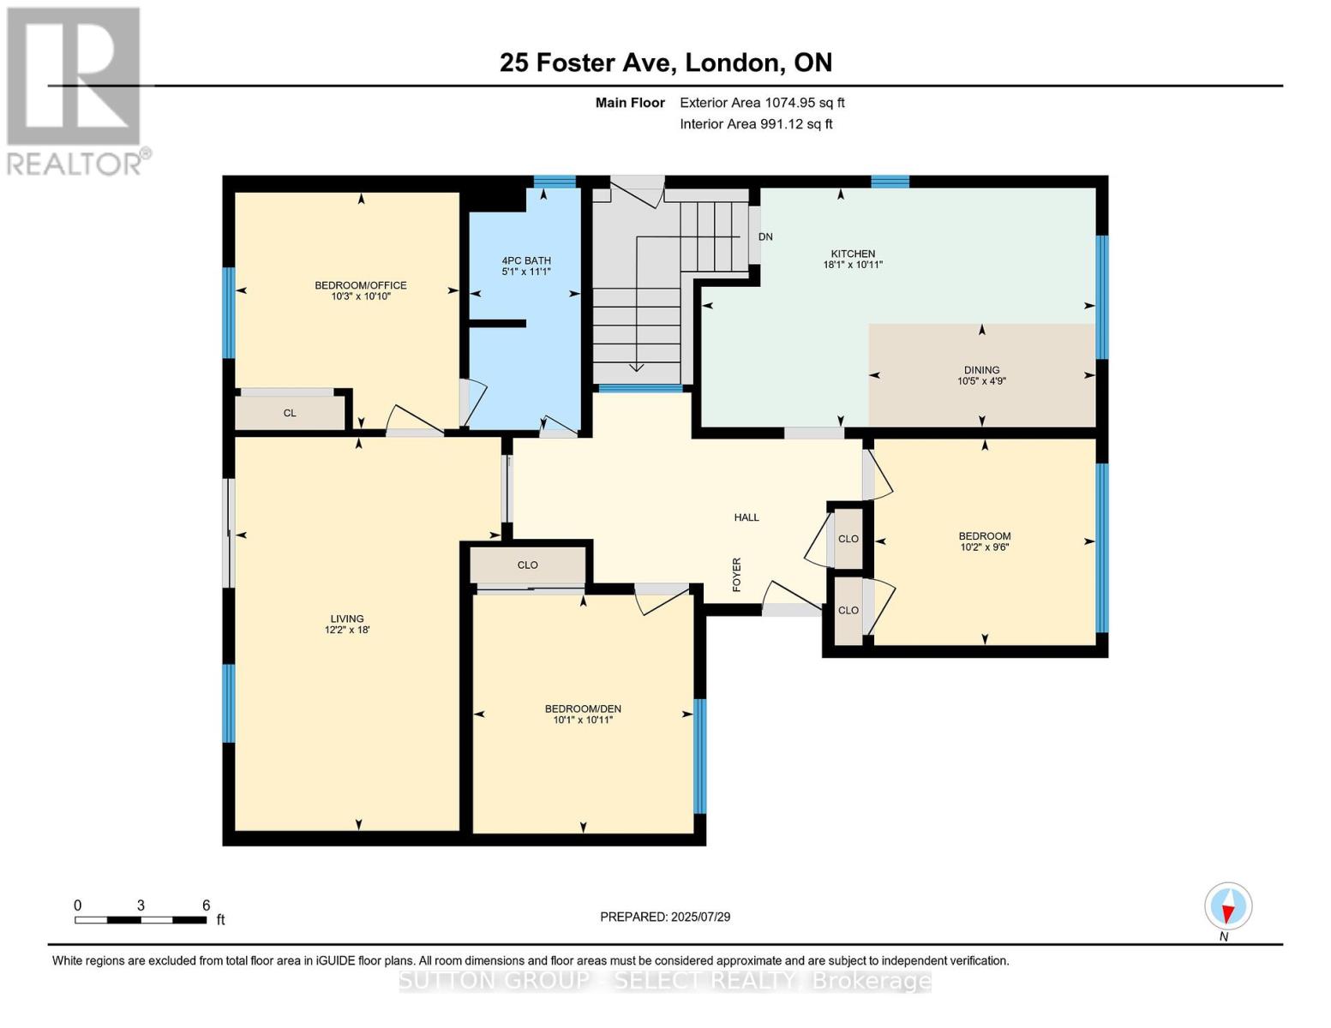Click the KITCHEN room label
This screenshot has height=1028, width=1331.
[x=853, y=254]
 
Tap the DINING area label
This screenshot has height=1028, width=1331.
[x=982, y=370]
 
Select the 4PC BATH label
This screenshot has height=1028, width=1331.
[x=526, y=260]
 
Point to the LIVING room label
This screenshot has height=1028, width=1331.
[x=347, y=619]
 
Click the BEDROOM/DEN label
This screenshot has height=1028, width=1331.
[x=583, y=708]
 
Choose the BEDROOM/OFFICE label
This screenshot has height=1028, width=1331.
[x=361, y=285]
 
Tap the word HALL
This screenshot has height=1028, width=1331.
[x=746, y=517]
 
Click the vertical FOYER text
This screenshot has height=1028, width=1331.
[x=737, y=574]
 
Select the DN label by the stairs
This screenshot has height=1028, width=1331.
[x=765, y=236]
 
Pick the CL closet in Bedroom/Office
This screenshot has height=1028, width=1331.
[x=290, y=413]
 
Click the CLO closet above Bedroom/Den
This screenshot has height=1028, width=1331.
[x=527, y=565]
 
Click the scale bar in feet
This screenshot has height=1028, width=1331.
[x=141, y=919]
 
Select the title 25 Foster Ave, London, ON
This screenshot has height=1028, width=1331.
[x=666, y=63]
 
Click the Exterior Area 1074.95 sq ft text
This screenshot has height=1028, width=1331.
[x=762, y=103]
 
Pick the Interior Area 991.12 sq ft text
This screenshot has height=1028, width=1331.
[x=756, y=124]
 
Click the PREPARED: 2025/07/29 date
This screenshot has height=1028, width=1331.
[x=665, y=917]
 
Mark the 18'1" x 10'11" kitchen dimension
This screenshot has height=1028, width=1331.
[x=853, y=265]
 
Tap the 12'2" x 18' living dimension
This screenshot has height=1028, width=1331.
[x=347, y=630]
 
